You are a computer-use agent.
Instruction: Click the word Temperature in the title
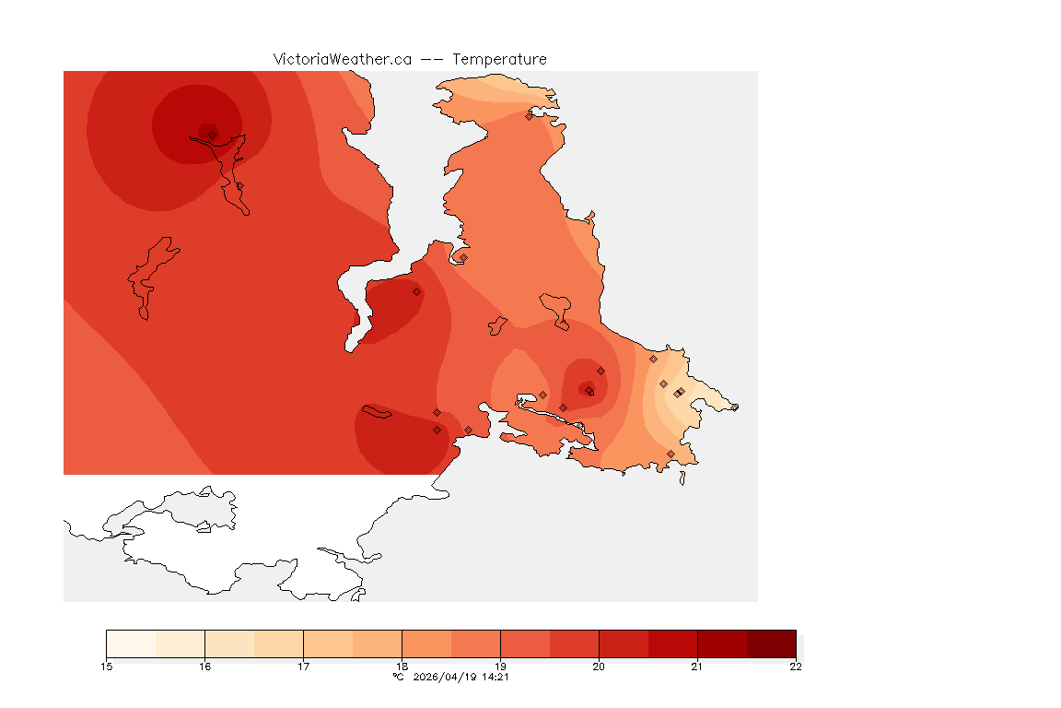(499, 59)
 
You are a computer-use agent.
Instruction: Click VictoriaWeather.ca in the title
(342, 59)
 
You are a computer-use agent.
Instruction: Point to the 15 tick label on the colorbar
(107, 667)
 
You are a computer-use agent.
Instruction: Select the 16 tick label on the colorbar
(204, 667)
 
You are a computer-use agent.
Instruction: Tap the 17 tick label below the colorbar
(303, 667)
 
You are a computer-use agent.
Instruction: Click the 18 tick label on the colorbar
(402, 667)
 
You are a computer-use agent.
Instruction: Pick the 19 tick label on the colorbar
(500, 667)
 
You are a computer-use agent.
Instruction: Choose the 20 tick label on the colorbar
(599, 667)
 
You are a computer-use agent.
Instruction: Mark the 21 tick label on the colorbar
(697, 667)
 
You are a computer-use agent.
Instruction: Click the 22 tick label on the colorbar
(796, 667)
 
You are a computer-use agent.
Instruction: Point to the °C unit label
(398, 678)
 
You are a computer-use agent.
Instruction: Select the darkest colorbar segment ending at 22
(771, 643)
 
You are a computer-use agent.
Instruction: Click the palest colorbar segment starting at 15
(131, 643)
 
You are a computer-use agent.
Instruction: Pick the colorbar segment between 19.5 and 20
(574, 643)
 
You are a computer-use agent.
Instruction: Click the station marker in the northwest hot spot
(213, 135)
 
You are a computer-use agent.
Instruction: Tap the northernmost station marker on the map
(530, 116)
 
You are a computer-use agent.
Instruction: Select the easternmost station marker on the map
(734, 407)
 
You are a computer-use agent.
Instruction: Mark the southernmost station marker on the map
(670, 454)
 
